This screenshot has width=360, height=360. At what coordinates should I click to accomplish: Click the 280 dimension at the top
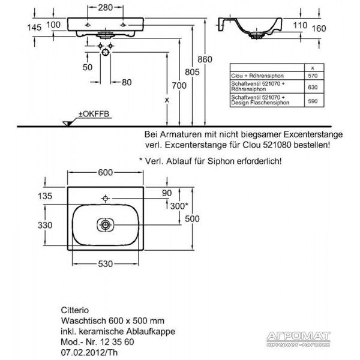point(106,8)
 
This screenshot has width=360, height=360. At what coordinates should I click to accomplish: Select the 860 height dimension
point(205,59)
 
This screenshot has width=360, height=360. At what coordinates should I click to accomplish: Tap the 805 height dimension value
point(192,72)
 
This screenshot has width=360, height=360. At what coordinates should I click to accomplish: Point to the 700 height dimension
point(179,86)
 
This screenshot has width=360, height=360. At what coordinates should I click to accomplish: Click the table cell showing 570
point(313,76)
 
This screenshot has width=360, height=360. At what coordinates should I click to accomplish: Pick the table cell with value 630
point(313,87)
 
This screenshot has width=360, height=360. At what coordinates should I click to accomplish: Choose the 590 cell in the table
point(313,101)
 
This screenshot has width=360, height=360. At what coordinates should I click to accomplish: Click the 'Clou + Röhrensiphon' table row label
point(257,76)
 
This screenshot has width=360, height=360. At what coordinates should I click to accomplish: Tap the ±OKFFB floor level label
point(94,114)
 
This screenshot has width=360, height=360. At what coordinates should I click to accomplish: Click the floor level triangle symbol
point(68,123)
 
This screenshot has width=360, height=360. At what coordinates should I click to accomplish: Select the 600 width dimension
point(106,172)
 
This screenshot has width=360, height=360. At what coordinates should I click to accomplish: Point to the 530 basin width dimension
point(106,264)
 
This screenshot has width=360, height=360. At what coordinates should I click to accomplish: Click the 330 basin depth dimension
point(45,225)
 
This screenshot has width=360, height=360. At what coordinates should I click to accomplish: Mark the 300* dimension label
point(179,206)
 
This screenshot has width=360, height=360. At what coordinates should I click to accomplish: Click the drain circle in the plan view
point(106,225)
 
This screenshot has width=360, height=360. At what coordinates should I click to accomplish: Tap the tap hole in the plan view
point(106,198)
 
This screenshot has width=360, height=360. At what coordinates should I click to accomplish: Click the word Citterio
point(75,310)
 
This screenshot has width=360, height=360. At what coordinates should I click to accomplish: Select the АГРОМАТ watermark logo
point(298,337)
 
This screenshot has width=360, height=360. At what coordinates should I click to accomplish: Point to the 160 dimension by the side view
point(319,29)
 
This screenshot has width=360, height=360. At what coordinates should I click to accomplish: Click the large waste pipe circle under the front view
point(106,52)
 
